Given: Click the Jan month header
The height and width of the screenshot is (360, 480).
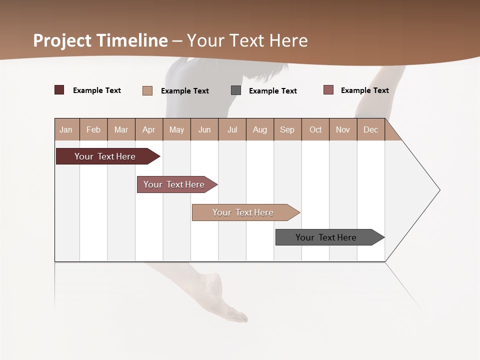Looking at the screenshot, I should coord(66,129).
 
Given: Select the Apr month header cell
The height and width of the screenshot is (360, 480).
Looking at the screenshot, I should coord(149,129).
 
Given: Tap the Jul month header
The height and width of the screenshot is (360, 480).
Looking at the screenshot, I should coord(232,129).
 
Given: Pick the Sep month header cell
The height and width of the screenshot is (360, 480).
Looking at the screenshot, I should coord(287,129).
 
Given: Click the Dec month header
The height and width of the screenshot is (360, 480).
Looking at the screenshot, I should coord(370,129).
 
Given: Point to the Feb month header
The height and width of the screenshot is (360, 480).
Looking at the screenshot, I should coord(93,129).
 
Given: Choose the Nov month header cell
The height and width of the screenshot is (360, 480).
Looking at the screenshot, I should coord(343,129).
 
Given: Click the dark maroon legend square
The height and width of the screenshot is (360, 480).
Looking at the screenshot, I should coord(59,90).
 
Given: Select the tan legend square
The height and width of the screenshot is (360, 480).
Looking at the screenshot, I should coord(147,90).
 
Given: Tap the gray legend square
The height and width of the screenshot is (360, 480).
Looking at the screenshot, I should coord(236,90).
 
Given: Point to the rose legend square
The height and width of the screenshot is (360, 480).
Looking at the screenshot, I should coord(328,90).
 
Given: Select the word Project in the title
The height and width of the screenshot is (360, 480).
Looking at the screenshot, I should coord(62,40).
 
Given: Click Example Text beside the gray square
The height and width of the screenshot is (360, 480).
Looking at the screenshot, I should coord(273,91).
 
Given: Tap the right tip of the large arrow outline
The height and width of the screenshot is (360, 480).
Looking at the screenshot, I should coord(439,190).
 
